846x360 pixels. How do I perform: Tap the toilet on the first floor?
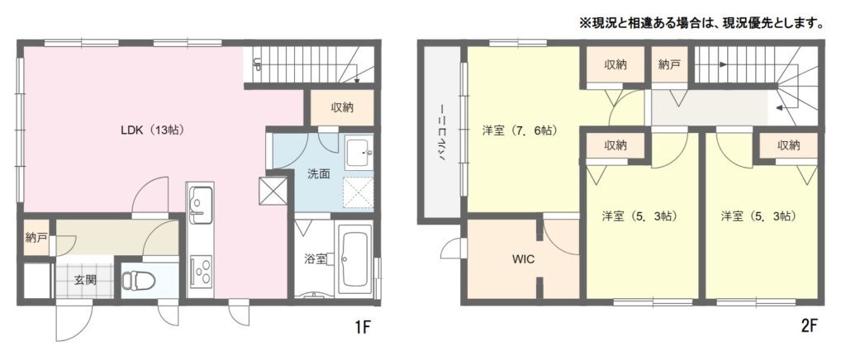[x=138, y=280]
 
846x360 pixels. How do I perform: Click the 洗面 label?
[x=318, y=174]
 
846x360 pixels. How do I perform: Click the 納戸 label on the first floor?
[x=36, y=237]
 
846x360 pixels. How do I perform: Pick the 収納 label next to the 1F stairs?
[x=342, y=107]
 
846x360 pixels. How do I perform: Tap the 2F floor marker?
[x=810, y=326]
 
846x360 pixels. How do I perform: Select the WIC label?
[x=523, y=259]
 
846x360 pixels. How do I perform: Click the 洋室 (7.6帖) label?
[x=520, y=130]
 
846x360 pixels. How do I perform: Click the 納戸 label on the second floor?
[x=669, y=64]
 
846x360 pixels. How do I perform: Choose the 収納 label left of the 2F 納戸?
[x=615, y=64]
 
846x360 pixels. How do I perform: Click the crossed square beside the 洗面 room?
[x=273, y=191]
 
